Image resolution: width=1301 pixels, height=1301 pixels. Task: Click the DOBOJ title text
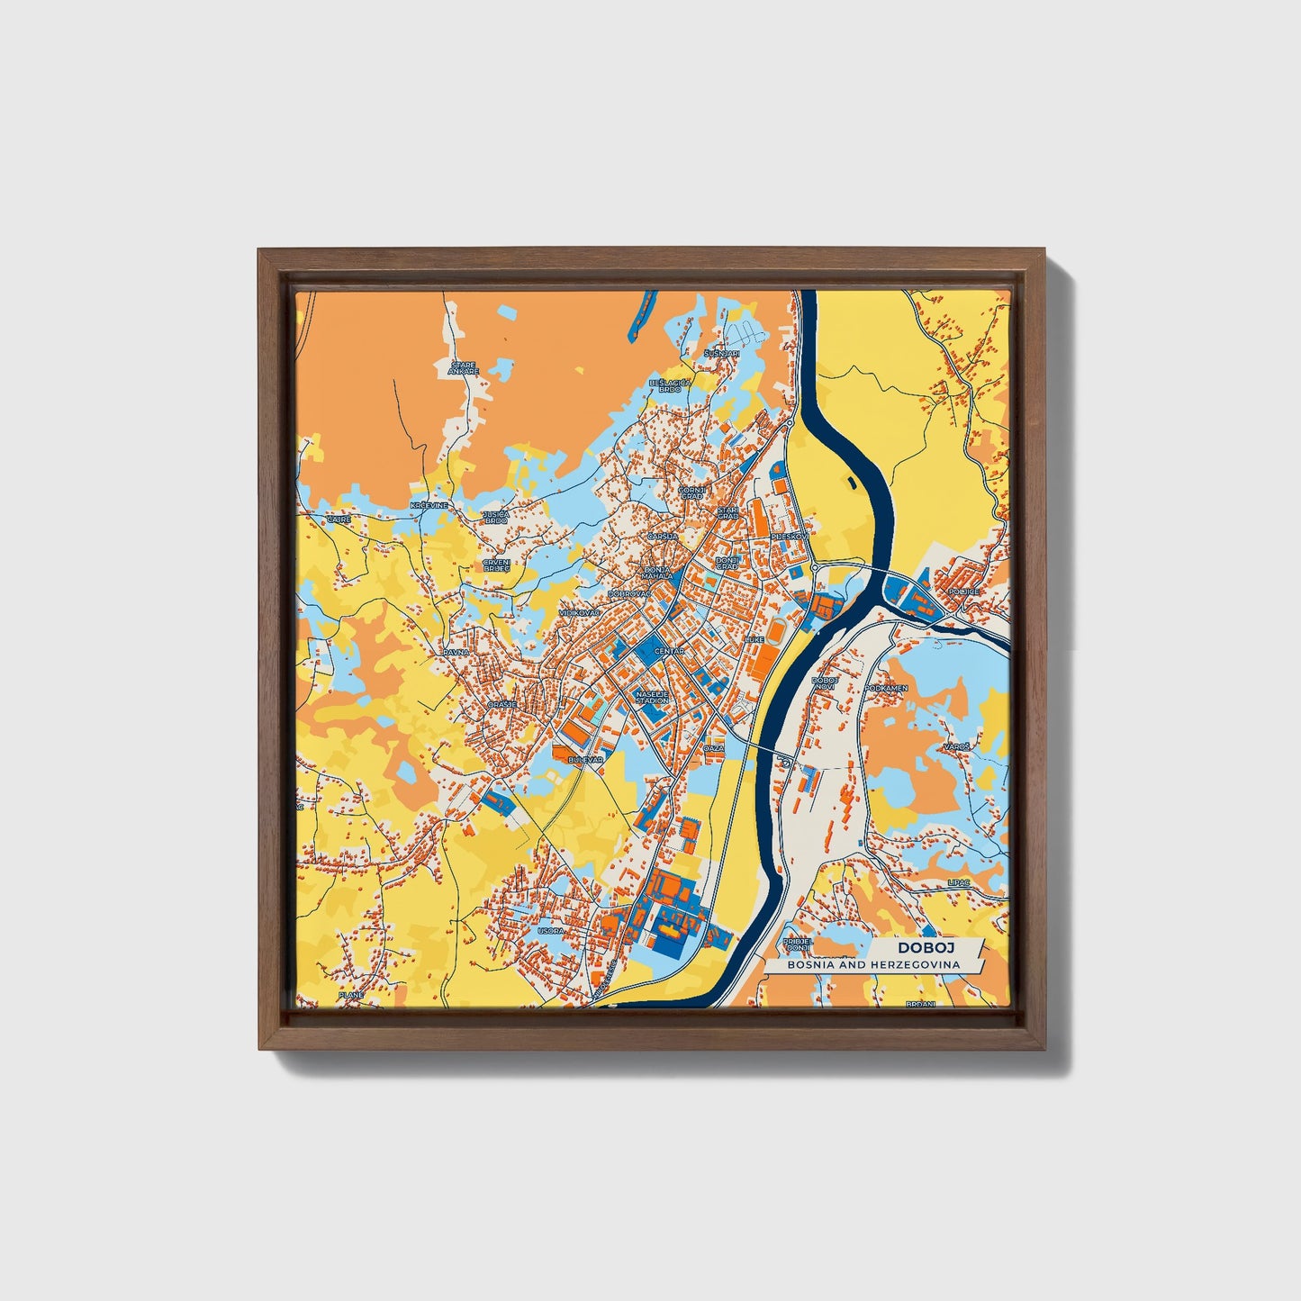(926, 947)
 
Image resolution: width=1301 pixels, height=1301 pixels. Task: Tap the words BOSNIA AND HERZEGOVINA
(872, 964)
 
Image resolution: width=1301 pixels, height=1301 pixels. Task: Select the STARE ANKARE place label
(465, 367)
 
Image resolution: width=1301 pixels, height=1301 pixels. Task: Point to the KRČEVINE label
(429, 507)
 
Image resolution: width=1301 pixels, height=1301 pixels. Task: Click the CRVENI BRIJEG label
(496, 565)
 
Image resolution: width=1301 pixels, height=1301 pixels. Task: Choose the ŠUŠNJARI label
(722, 354)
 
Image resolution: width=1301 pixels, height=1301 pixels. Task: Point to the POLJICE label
(962, 592)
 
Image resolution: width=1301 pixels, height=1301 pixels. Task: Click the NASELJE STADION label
(653, 697)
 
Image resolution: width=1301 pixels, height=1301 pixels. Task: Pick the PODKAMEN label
(886, 688)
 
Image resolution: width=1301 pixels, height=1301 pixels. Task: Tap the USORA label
(550, 931)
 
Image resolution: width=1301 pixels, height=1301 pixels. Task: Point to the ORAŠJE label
(501, 704)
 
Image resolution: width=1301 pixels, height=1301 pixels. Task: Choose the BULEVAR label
(584, 761)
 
